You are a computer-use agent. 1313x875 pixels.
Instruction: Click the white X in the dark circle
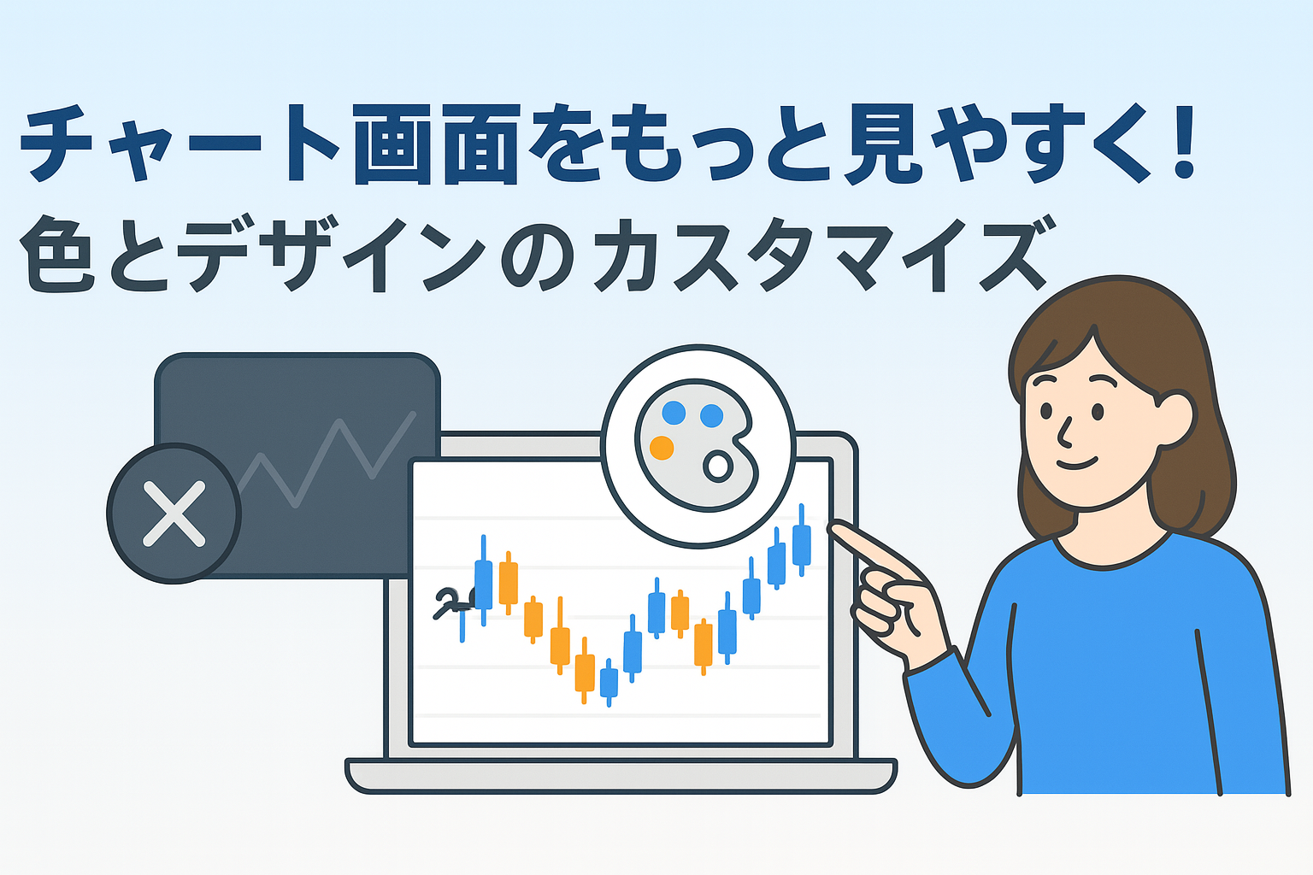click(x=174, y=514)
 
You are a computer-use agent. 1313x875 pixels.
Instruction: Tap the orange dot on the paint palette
click(x=662, y=449)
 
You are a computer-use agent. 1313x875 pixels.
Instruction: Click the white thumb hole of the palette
click(x=718, y=467)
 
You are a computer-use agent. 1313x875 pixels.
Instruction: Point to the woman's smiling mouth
click(x=1077, y=465)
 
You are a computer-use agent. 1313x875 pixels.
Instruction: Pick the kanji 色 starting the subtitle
click(x=57, y=255)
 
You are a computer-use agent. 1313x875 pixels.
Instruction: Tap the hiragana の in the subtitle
click(x=538, y=256)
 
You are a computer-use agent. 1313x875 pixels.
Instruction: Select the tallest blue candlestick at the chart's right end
click(x=801, y=540)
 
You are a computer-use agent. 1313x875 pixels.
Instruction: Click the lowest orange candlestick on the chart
click(x=585, y=671)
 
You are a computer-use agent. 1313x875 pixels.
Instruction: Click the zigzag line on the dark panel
click(x=327, y=460)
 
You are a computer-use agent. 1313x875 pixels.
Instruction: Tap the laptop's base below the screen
click(x=621, y=776)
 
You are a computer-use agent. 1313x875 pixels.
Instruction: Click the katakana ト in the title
click(x=307, y=143)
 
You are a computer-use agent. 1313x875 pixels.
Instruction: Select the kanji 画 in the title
click(x=394, y=144)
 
